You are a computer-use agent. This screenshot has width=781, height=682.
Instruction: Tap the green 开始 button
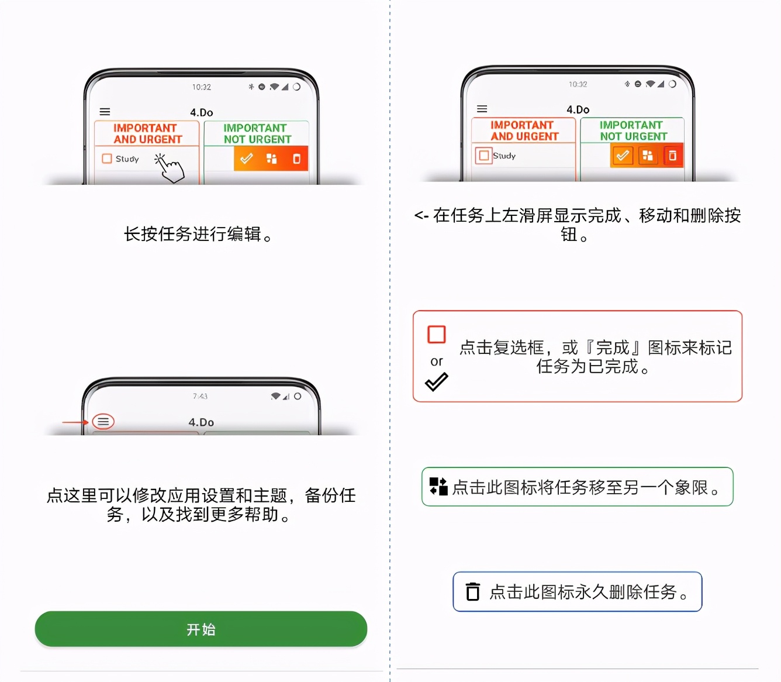[x=201, y=629]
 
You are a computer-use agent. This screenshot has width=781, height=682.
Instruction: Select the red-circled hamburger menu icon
[x=103, y=421]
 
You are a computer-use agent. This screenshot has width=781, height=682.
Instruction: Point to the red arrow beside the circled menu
[x=75, y=422]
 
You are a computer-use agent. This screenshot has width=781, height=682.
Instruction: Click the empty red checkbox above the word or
[x=437, y=335]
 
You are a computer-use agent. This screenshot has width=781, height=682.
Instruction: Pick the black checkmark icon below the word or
[x=436, y=382]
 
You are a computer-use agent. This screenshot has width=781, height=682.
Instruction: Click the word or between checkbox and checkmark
[x=436, y=361]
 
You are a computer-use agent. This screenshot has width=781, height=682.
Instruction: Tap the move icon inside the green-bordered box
[x=438, y=486]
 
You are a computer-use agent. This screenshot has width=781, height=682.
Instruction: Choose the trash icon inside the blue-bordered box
[x=472, y=592]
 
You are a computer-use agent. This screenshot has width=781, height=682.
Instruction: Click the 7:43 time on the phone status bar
[x=200, y=396]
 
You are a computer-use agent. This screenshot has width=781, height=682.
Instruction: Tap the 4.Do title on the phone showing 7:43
[x=201, y=422]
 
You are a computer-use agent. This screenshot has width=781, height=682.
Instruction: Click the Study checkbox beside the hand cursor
[x=106, y=159]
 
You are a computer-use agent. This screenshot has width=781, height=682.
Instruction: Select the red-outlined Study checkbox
[x=483, y=156]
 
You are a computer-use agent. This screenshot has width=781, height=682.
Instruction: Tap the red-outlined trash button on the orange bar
[x=673, y=156]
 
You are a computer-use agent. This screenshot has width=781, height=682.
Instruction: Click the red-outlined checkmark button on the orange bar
[x=623, y=156]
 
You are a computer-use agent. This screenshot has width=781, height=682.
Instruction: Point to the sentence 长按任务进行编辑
[x=198, y=234]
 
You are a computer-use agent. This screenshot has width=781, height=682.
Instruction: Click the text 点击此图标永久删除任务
[x=588, y=592]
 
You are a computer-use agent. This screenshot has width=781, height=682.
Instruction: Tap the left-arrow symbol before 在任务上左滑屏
[x=421, y=216]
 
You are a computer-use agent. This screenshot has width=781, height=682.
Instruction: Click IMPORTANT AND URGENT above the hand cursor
[x=147, y=133]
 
